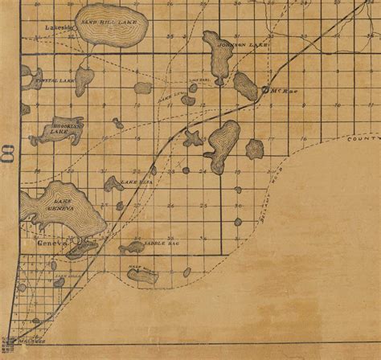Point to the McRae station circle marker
pyautogui.click(x=266, y=92)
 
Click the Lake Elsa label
pyautogui.click(x=131, y=184)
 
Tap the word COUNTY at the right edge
pyautogui.click(x=364, y=139)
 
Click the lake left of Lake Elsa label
pyautogui.click(x=110, y=184)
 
